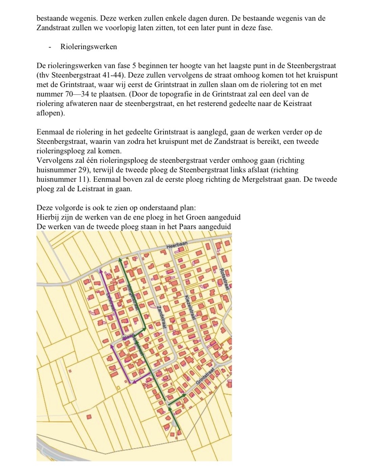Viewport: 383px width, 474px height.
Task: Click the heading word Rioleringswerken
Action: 89,47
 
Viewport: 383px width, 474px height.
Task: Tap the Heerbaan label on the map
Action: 177,246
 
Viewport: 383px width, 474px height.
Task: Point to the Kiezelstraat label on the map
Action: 190,308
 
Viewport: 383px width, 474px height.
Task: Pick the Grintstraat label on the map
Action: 206,377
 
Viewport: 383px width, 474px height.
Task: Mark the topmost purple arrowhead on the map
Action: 100,271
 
